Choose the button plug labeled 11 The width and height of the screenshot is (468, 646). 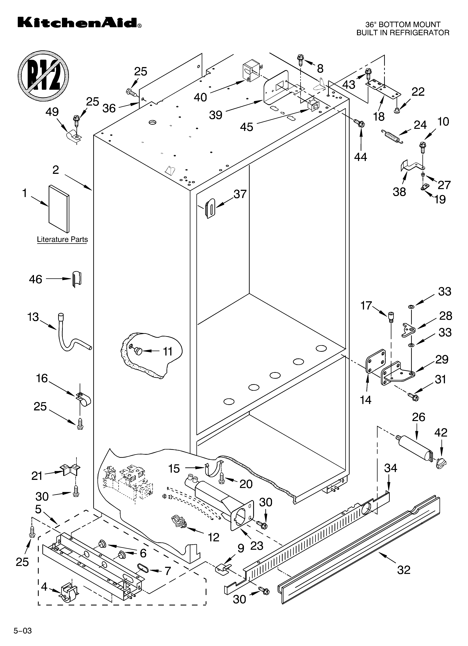click(138, 351)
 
